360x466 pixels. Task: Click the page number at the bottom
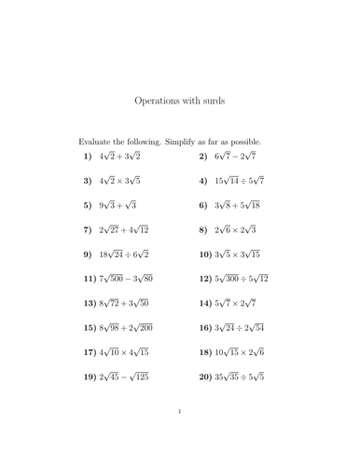pos(179,435)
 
